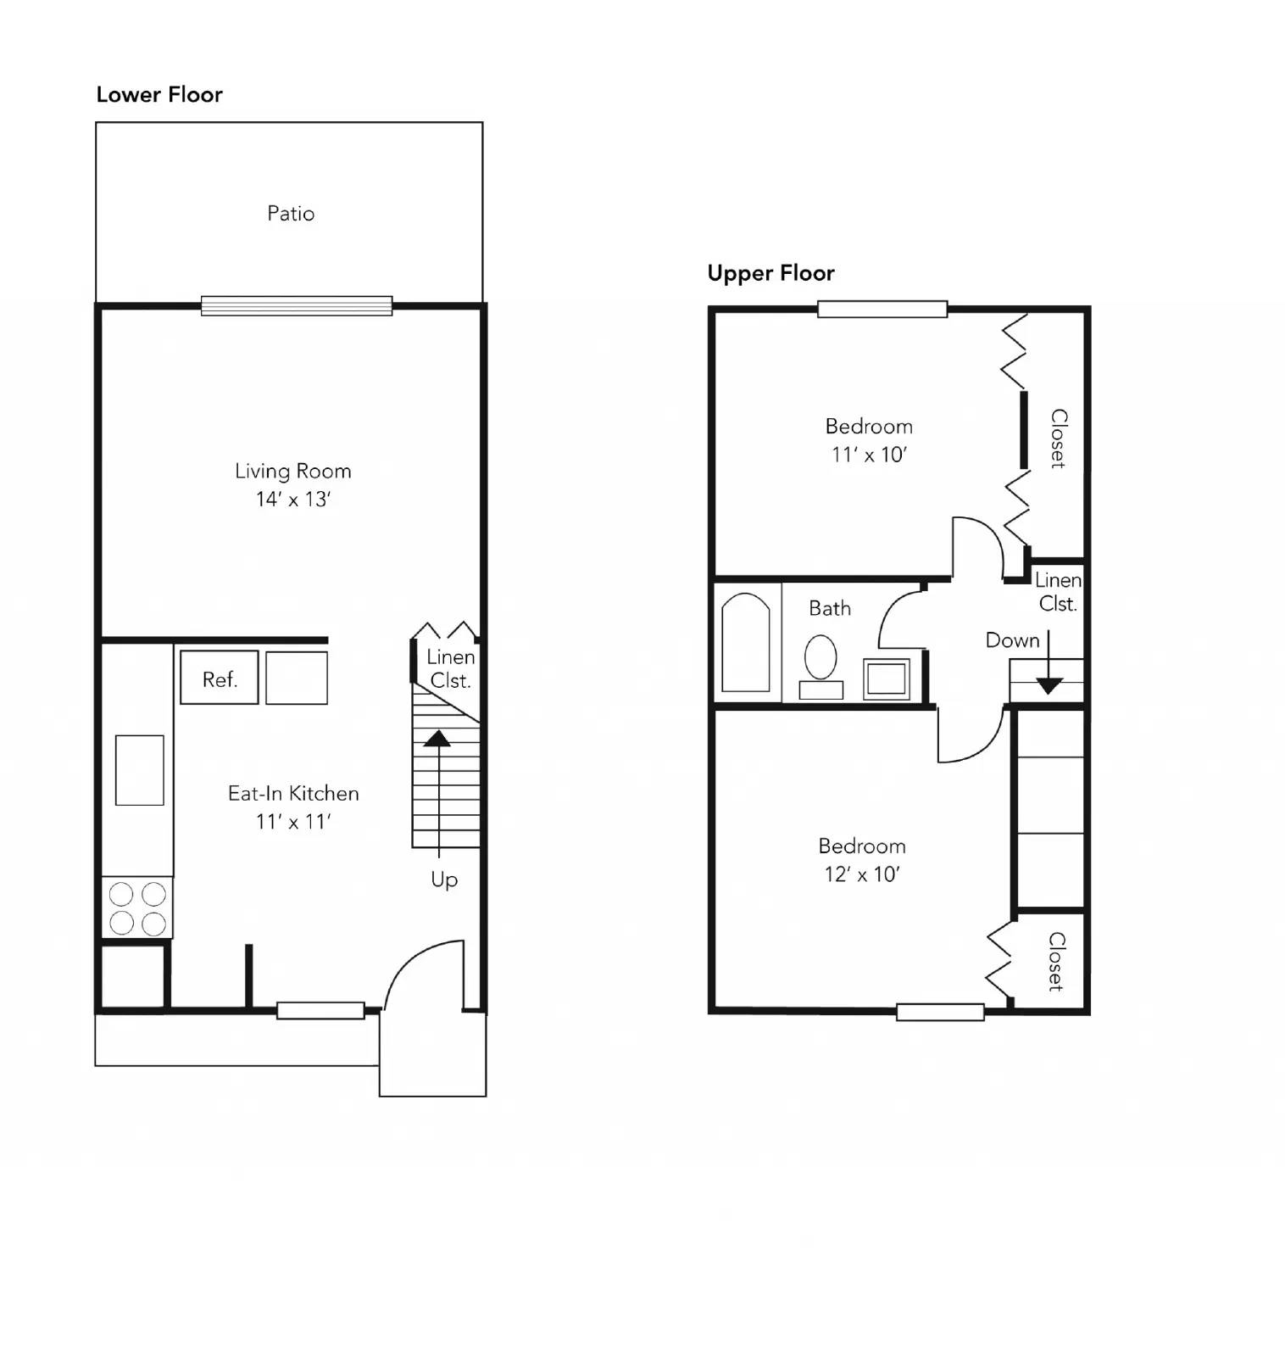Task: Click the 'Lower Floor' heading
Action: pos(159,94)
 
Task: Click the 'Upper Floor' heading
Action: pos(770,273)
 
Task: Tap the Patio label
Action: pos(291,213)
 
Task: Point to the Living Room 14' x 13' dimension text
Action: pos(293,500)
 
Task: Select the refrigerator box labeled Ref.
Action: pos(220,678)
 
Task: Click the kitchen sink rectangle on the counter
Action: pos(140,770)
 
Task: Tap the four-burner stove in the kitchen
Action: pos(137,907)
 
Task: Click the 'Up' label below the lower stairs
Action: pos(444,880)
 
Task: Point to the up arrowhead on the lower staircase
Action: pos(437,738)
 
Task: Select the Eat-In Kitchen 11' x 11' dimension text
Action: pos(293,822)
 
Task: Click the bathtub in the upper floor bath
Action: pos(746,642)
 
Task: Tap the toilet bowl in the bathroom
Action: pos(821,657)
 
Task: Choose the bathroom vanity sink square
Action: pos(887,678)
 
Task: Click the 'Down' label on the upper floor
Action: pos(1012,640)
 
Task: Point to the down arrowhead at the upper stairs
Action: pos(1049,686)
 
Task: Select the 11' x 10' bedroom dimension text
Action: pos(869,455)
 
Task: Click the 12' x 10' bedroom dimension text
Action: pos(862,874)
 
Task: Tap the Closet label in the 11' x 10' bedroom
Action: pos(1059,438)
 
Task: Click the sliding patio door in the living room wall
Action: pos(297,305)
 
